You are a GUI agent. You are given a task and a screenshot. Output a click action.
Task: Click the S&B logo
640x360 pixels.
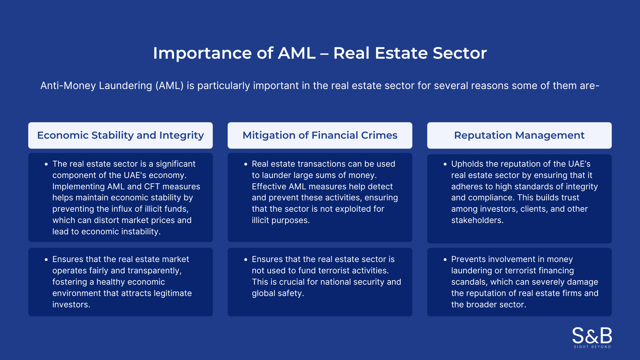tap(592, 335)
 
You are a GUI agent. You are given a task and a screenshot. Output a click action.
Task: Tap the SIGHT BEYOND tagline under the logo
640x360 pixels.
tap(592, 347)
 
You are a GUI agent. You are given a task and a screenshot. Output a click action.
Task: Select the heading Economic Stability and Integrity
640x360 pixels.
tap(120, 135)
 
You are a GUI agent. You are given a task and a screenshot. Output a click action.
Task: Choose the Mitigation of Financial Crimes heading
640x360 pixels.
tap(320, 135)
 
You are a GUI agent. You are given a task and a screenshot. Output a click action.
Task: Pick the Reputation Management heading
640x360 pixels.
tap(519, 135)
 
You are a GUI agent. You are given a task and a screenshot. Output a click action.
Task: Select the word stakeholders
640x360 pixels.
tap(477, 220)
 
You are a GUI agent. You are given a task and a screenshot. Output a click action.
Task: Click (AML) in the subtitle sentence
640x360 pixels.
tap(169, 86)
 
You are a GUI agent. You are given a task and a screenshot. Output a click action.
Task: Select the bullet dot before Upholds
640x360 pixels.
tap(445, 164)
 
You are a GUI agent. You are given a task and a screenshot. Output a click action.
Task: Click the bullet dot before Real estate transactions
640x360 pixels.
tap(246, 164)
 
